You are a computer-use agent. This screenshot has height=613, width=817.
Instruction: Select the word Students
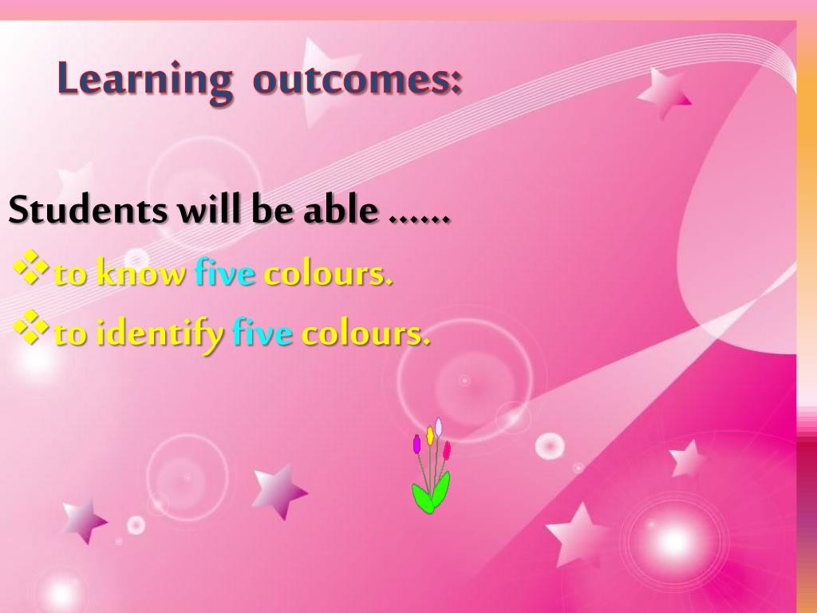89,211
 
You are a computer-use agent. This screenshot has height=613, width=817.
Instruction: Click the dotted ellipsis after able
420,217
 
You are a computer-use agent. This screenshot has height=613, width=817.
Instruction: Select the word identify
160,334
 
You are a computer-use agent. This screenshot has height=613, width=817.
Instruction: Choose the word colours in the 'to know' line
328,274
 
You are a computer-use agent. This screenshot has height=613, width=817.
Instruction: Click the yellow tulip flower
430,435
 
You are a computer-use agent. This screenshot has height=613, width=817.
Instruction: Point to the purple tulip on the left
416,444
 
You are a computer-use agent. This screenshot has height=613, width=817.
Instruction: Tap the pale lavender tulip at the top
438,426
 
